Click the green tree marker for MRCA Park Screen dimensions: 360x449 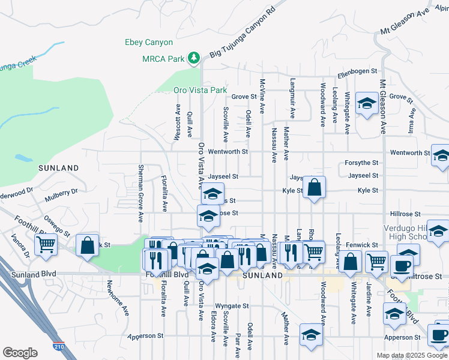(x=193, y=58)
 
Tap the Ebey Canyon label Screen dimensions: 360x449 (x=148, y=43)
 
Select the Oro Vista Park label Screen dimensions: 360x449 (x=200, y=90)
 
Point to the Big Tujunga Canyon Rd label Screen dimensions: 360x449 (x=243, y=34)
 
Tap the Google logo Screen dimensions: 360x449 (x=21, y=353)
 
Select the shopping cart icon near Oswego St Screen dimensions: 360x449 (x=46, y=245)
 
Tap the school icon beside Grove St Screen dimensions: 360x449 (x=366, y=104)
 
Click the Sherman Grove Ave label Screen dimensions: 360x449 (x=141, y=192)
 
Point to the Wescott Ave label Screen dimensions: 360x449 (x=178, y=124)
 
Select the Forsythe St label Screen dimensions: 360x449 (x=361, y=163)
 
